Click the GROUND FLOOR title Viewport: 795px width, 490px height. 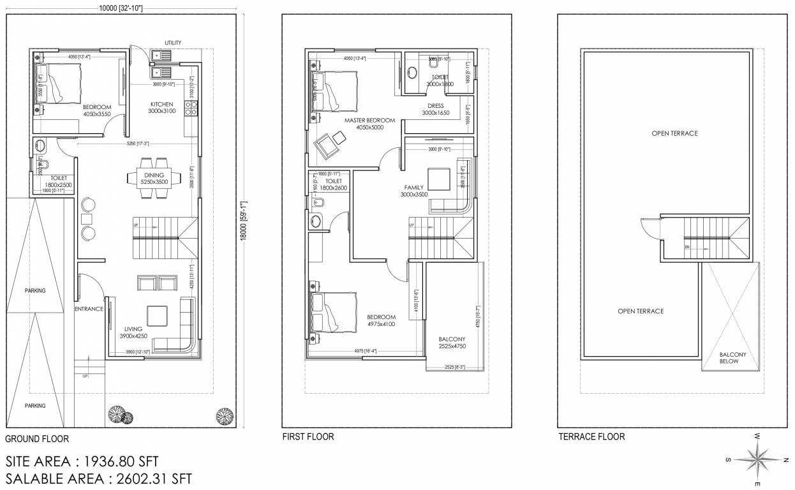(36, 439)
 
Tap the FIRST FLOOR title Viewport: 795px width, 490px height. (308, 437)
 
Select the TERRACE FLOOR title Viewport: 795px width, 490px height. (591, 437)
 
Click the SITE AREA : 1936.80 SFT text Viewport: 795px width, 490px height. (82, 461)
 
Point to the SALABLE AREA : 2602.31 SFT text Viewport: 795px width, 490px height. (98, 479)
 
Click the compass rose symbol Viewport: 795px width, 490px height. (757, 459)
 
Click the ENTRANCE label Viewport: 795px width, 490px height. (89, 309)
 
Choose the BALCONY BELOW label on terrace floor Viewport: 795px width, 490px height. (729, 358)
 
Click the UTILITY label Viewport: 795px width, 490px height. (173, 43)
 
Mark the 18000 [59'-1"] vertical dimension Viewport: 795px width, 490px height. (243, 220)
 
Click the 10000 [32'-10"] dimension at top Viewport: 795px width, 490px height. (121, 8)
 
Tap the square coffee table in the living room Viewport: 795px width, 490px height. (156, 316)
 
